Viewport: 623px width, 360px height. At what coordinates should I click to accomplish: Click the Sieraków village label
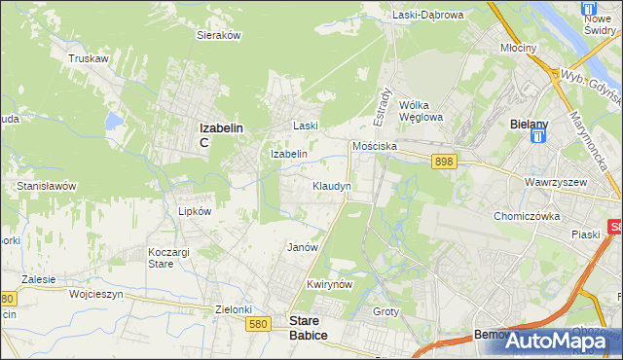point(219,34)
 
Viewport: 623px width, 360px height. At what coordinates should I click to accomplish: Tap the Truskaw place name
point(87,58)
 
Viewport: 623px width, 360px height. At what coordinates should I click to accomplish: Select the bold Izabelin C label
point(221,133)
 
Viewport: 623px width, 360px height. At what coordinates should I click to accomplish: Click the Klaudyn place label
point(331,185)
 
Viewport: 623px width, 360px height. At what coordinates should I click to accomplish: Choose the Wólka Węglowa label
point(421,111)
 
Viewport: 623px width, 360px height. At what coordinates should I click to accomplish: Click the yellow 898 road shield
point(445,162)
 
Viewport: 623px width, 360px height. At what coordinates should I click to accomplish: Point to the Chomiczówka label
point(530,216)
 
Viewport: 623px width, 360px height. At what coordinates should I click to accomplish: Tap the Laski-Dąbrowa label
point(427,15)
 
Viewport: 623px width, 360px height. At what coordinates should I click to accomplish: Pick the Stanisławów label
point(46,185)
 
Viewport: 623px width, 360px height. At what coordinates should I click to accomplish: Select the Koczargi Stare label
point(161,258)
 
